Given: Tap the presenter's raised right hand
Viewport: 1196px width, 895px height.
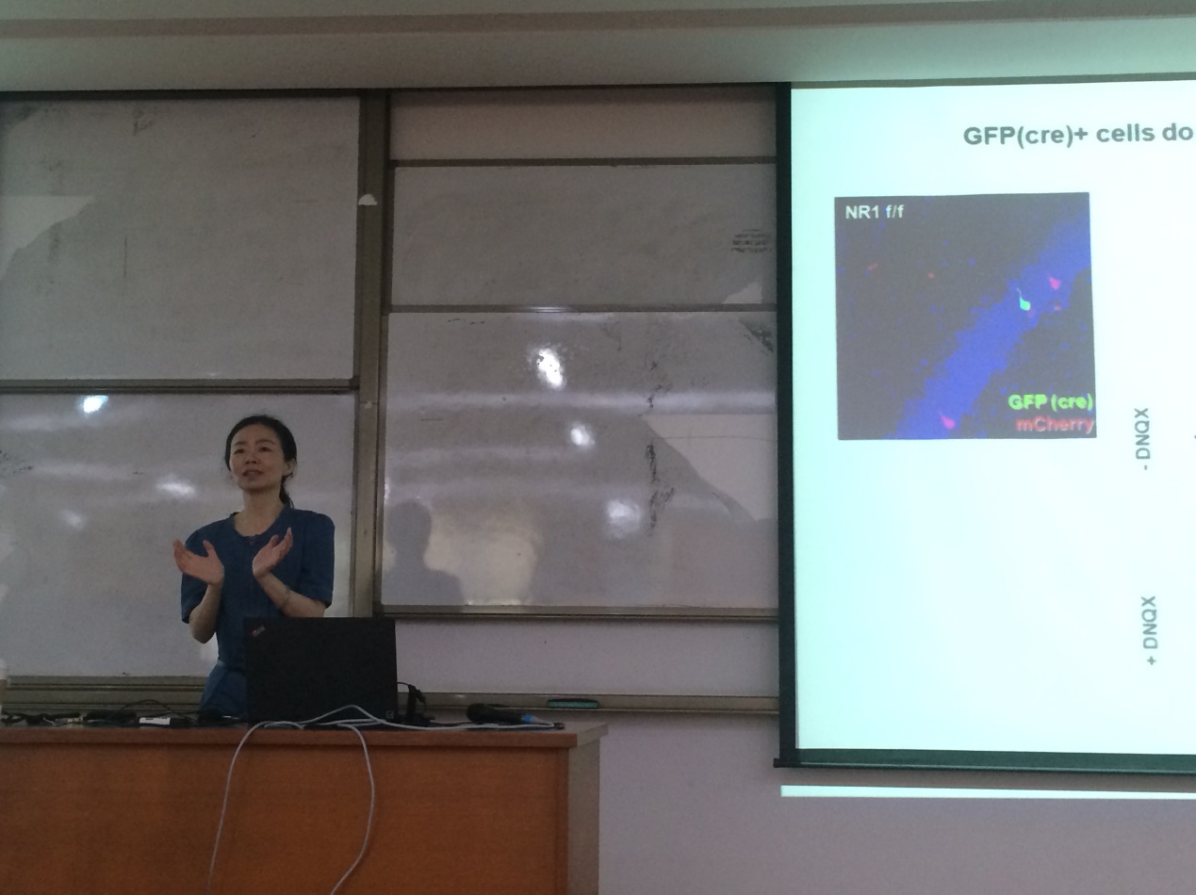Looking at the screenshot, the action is coord(197,561).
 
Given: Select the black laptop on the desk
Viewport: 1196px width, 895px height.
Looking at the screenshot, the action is coord(320,670).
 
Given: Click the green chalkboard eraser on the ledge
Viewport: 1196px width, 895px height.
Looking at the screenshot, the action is coord(572,703).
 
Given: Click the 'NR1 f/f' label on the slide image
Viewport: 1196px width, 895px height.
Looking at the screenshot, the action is coord(874,212).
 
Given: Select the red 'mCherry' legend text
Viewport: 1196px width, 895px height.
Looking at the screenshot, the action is coord(1055,424).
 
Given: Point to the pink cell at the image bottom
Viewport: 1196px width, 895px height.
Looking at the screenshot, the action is coord(949,421).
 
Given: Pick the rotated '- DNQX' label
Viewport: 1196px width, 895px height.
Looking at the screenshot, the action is coord(1143,439).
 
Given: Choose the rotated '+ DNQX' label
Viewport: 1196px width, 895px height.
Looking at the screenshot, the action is coord(1149,630).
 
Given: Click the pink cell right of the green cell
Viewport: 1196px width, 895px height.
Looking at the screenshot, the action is coord(1055,283).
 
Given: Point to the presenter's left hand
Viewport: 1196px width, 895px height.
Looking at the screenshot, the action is coord(274,553).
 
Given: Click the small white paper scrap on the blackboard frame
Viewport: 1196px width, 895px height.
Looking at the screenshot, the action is coord(368,201).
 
